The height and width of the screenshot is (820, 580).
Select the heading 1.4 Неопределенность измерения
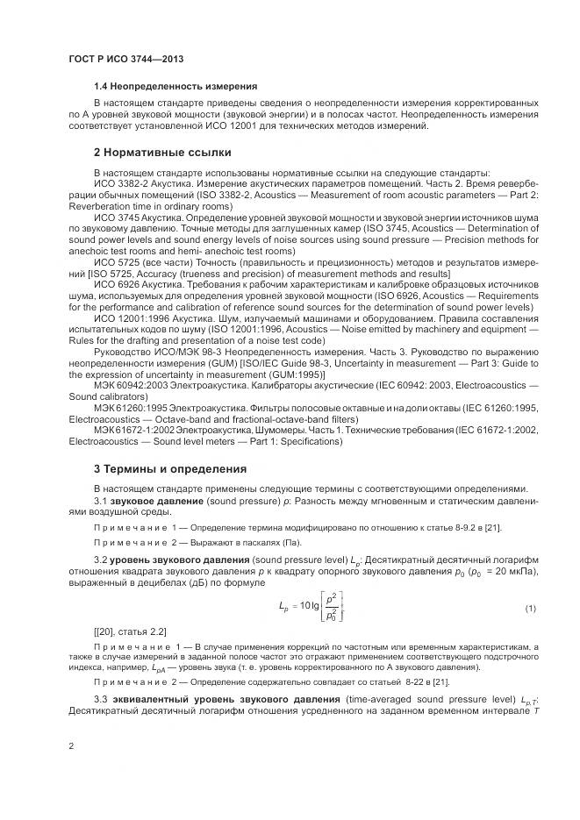coord(175,87)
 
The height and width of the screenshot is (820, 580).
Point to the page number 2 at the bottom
coord(71,745)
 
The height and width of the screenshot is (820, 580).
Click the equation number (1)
coord(529,608)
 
